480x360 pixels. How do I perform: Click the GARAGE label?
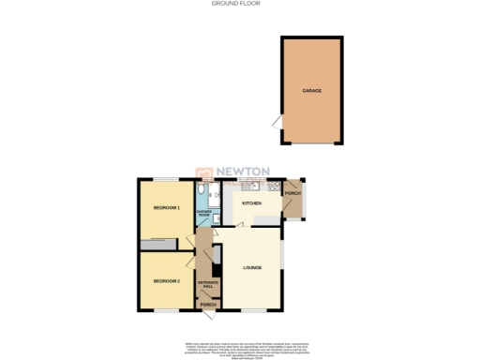pyautogui.click(x=312, y=91)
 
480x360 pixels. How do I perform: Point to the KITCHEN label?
pyautogui.click(x=252, y=203)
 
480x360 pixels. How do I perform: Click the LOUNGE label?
pyautogui.click(x=251, y=269)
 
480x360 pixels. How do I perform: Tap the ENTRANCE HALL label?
pyautogui.click(x=206, y=283)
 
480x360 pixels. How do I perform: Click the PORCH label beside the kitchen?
pyautogui.click(x=292, y=194)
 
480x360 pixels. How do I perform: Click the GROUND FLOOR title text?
pyautogui.click(x=239, y=5)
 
